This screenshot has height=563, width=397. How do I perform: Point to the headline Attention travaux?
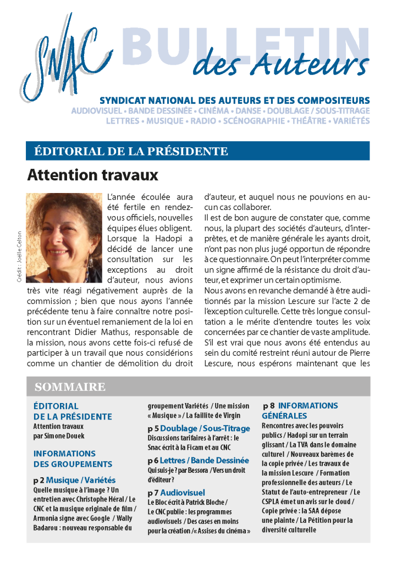(x=92, y=175)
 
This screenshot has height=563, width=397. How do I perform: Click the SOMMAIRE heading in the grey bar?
(x=70, y=387)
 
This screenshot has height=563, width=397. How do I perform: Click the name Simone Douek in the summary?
(x=65, y=436)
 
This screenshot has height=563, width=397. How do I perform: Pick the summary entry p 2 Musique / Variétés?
(x=74, y=480)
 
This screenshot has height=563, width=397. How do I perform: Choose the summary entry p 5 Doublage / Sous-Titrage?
(x=198, y=428)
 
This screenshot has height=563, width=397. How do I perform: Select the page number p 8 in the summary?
(x=269, y=406)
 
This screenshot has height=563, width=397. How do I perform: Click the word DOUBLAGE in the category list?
(x=283, y=111)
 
